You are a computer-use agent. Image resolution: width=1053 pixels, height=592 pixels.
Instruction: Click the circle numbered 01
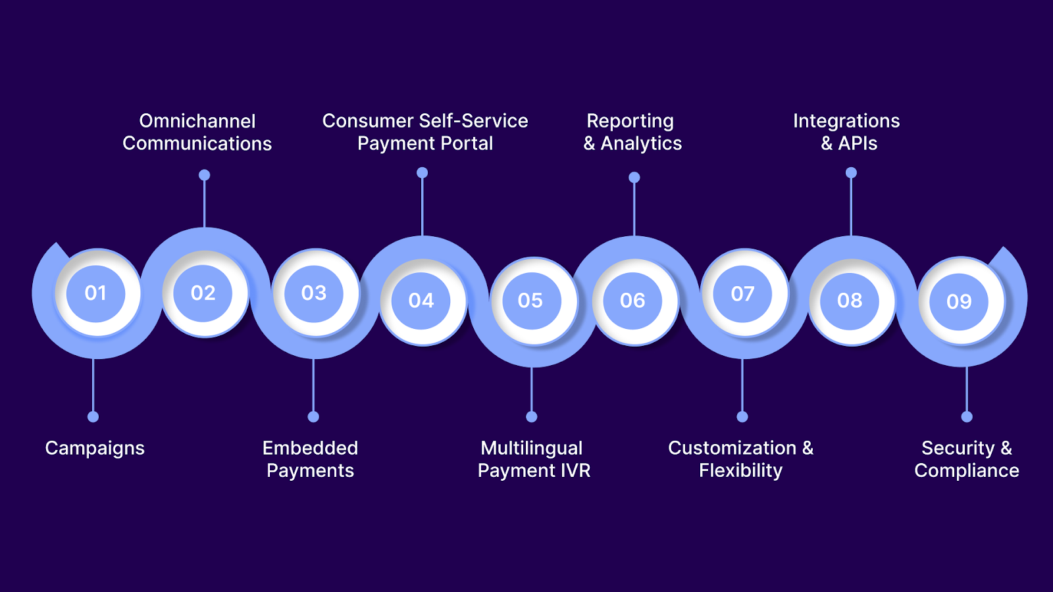[x=96, y=293]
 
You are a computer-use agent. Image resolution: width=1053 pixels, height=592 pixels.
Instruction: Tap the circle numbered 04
[x=421, y=301]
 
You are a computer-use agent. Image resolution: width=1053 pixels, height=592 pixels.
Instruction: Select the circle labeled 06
[x=632, y=301]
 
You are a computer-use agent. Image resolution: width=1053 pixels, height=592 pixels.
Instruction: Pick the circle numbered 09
[x=959, y=301]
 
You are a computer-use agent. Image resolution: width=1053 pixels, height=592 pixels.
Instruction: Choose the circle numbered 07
[x=742, y=293]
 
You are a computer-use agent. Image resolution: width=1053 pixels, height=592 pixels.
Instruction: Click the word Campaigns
[x=95, y=449]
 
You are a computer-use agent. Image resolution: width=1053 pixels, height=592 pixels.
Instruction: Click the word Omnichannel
[x=197, y=121]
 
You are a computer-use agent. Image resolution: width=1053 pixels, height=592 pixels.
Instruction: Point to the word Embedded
[x=310, y=448]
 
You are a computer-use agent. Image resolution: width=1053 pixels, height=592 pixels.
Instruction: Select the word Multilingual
[x=532, y=448]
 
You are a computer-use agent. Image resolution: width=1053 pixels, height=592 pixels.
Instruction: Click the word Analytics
[x=641, y=143]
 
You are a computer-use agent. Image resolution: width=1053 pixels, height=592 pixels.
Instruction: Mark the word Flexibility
[x=740, y=471]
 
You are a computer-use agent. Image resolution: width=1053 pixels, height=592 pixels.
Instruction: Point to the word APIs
[x=858, y=143]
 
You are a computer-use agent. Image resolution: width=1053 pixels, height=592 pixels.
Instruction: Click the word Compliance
[x=966, y=471]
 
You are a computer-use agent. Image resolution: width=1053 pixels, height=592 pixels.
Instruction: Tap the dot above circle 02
[x=205, y=175]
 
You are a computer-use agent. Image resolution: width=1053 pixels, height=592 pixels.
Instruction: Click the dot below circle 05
[x=532, y=416]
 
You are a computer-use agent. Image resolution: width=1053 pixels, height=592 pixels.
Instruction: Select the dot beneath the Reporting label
[x=634, y=178]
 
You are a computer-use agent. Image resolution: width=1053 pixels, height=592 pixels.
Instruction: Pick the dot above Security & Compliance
[x=967, y=416]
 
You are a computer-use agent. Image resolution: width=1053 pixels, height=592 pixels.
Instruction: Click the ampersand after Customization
[x=808, y=448]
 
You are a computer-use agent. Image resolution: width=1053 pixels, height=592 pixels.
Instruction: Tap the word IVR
[x=575, y=471]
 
